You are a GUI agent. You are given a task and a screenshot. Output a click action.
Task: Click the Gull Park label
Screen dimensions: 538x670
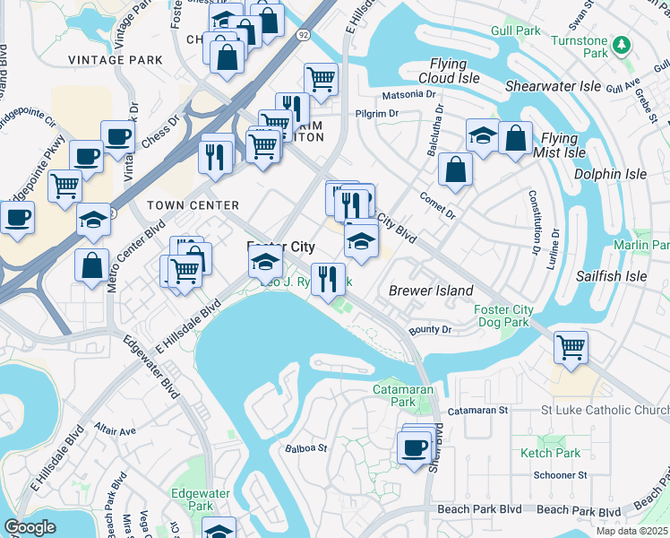coord(515,30)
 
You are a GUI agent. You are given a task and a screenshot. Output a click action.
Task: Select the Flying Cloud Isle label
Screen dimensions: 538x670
coord(448,71)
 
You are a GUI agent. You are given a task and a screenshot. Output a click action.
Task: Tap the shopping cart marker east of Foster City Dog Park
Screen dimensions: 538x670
coord(571,345)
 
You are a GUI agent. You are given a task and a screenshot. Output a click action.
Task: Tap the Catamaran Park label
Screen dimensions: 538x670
coord(403,396)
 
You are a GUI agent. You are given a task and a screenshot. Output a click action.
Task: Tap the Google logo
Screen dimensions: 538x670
coord(30,527)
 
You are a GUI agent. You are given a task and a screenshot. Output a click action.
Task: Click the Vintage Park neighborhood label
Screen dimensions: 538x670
coord(116,60)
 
